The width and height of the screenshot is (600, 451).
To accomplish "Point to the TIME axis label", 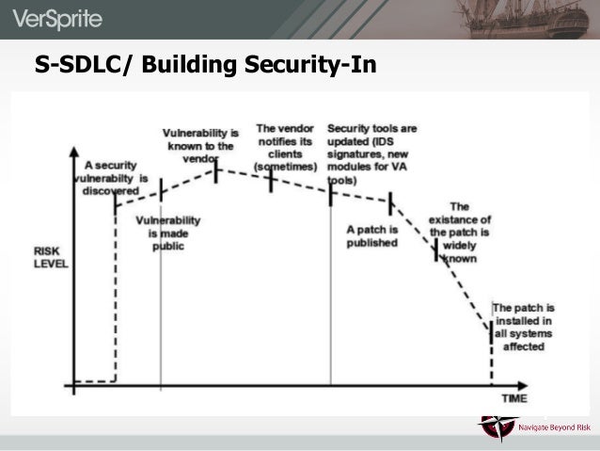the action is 513,398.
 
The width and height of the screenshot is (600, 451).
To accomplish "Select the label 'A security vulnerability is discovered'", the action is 111,176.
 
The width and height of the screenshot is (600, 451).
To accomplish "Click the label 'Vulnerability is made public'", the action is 168,233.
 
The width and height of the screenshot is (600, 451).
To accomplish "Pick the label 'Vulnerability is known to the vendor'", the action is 200,144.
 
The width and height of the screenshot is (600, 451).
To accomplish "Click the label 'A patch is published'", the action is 372,235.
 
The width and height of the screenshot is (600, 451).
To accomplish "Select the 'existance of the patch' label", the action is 460,232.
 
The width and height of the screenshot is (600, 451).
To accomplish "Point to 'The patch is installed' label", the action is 524,327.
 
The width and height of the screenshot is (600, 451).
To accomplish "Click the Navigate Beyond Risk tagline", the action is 554,428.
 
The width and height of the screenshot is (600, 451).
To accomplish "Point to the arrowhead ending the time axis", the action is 548,384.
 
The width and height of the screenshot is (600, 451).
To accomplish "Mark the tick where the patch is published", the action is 388,201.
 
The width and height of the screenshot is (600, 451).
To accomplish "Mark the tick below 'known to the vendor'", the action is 216,171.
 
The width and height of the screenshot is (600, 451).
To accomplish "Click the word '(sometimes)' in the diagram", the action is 285,166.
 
